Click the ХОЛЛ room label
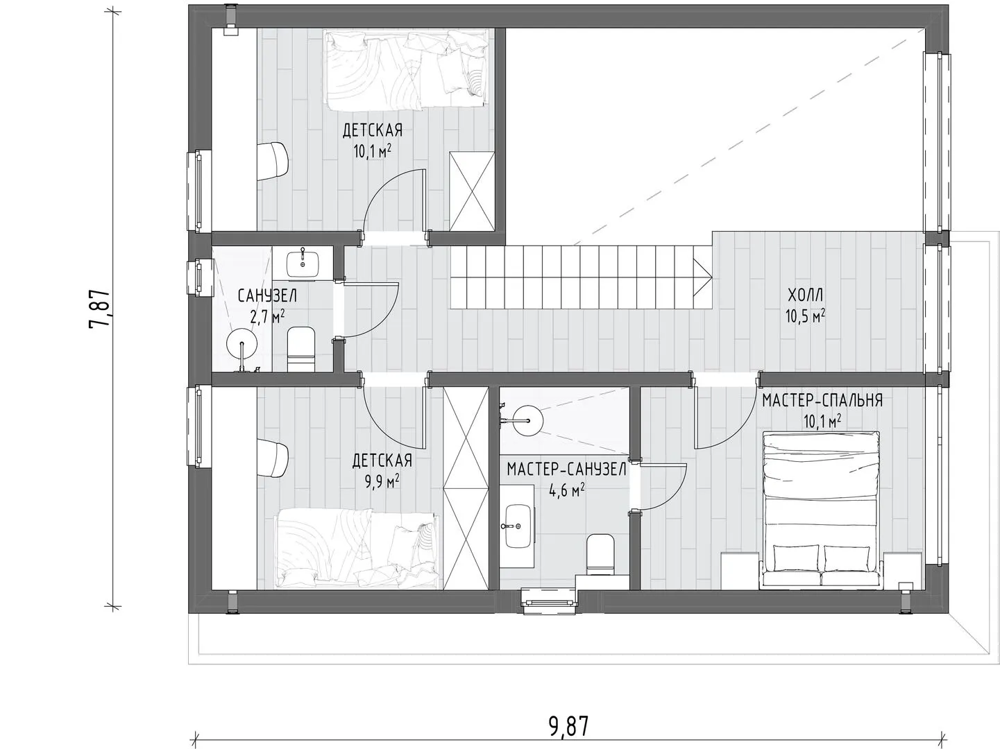point(806,295)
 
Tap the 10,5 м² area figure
point(806,316)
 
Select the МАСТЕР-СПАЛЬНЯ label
point(822,401)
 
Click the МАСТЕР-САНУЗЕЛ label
point(567,470)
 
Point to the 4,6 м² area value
point(567,491)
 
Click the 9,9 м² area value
point(382,481)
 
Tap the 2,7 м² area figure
point(267,316)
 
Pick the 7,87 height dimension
point(99,309)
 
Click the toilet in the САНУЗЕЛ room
point(301,349)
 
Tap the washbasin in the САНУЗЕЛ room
point(303,264)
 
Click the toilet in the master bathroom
point(600,554)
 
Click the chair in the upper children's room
point(273,161)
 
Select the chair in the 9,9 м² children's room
point(273,458)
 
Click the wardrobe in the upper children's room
point(472,191)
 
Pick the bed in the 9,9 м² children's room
point(357,549)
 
